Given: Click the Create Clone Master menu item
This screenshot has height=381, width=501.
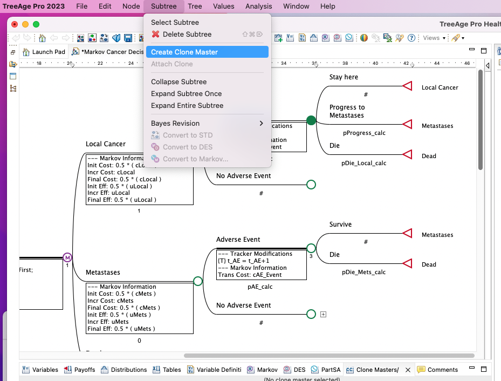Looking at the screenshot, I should coord(184,52).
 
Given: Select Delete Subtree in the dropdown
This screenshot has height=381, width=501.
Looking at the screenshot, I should coord(187,35).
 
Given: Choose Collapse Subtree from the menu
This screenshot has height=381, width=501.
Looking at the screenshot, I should coord(179,82).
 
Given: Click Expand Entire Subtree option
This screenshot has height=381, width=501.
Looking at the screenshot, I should coord(187,106).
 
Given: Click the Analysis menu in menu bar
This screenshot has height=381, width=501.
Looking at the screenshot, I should coord(258,6).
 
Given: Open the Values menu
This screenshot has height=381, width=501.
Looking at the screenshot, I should coord(223,6).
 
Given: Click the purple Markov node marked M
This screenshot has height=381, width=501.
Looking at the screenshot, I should coord(67,257).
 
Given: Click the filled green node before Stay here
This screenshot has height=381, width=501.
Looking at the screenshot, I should coord(311,120).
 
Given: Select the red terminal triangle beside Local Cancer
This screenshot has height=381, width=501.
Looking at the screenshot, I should coord(408,87).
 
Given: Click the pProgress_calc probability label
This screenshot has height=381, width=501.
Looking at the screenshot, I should coord(364,133).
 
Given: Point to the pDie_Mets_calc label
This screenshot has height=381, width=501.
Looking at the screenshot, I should coord(363,273).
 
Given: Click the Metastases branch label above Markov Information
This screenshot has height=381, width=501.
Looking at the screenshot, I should coord(103,273).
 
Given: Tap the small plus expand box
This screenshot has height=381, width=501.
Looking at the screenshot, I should coord(323,314).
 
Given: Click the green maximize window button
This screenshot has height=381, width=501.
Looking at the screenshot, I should coord(36,24).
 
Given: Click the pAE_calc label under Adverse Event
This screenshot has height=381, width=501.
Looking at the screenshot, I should coord(260,287).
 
